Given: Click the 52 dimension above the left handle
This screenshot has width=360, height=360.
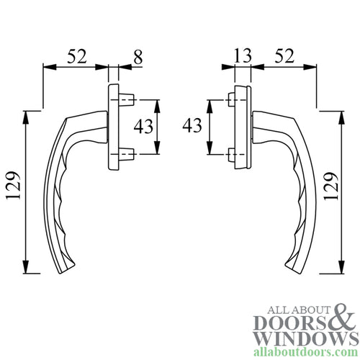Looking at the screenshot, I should click(78, 55).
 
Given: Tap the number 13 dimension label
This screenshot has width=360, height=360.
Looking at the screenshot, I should click(242, 55).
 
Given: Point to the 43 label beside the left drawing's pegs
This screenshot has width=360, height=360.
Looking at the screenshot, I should click(144, 127).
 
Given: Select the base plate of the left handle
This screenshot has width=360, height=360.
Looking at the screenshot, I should click(114, 127).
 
